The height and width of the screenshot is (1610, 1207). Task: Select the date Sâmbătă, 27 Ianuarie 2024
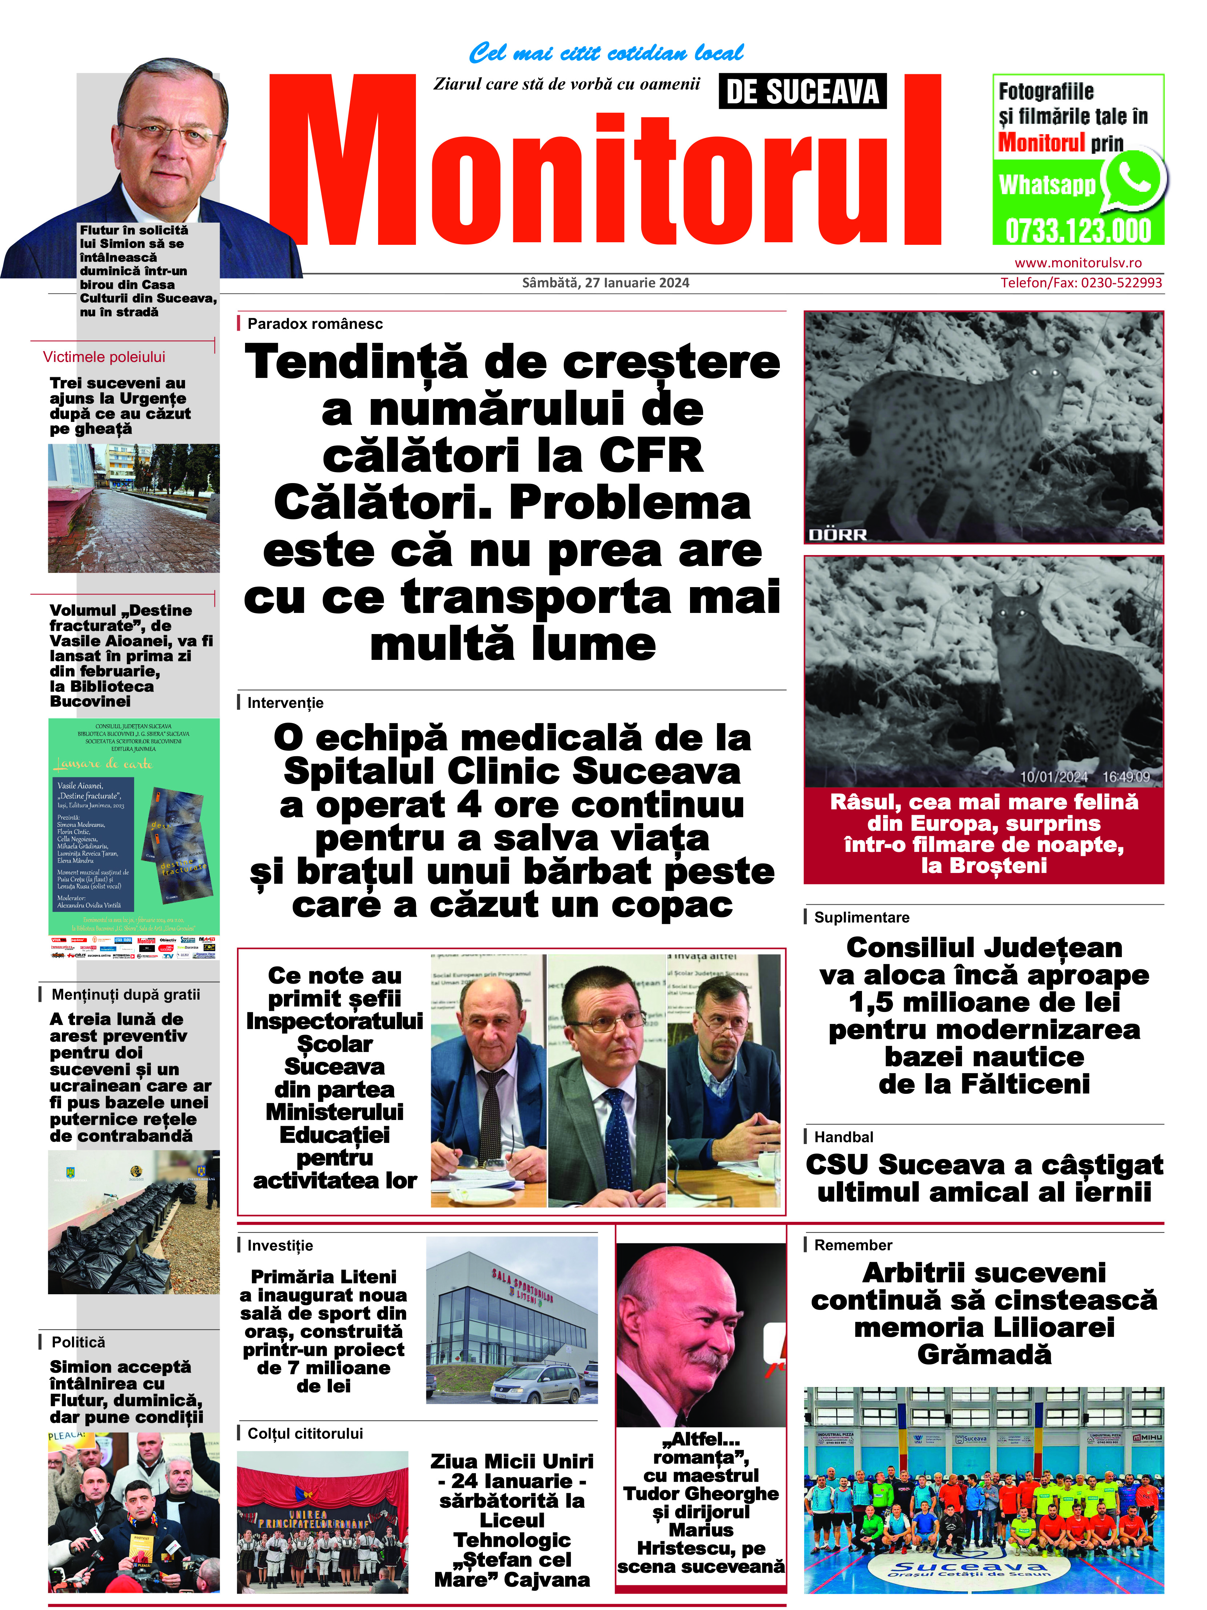pos(605,283)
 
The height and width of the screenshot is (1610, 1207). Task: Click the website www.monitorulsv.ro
pos(1078,263)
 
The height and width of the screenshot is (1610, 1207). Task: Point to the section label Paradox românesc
pos(314,324)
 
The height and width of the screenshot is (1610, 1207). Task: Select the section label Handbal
pos(843,1137)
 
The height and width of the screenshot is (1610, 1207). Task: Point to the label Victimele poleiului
pos(104,357)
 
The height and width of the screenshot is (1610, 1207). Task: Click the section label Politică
pos(78,1342)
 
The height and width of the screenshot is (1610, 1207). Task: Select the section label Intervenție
pos(285,703)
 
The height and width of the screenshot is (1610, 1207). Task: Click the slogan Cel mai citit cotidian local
pos(605,53)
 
